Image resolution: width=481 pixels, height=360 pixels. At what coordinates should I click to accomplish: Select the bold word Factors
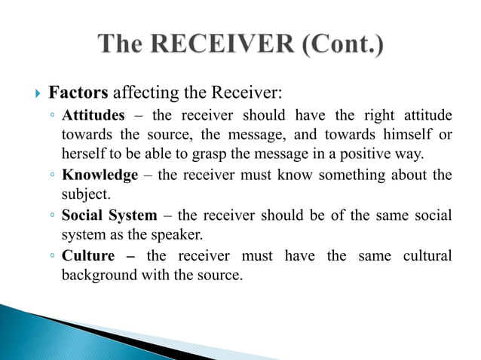79,93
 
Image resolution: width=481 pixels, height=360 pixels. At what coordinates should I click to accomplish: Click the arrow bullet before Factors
38,94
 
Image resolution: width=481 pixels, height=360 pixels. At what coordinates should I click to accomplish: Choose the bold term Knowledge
100,175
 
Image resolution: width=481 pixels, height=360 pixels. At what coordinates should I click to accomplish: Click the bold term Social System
109,215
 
